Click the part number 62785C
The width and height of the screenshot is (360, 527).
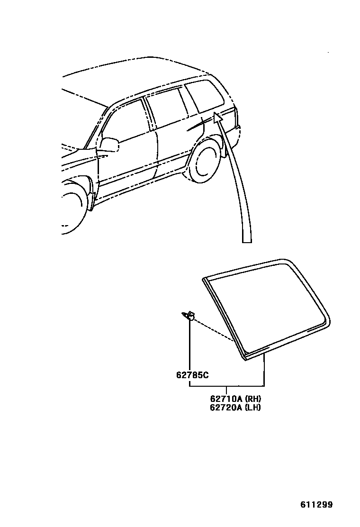(x=193, y=375)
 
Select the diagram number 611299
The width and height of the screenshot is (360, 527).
(x=316, y=504)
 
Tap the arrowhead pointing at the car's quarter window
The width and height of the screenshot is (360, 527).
(x=217, y=118)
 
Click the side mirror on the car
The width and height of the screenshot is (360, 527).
(x=110, y=144)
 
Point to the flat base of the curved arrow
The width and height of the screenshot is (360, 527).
(x=247, y=242)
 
